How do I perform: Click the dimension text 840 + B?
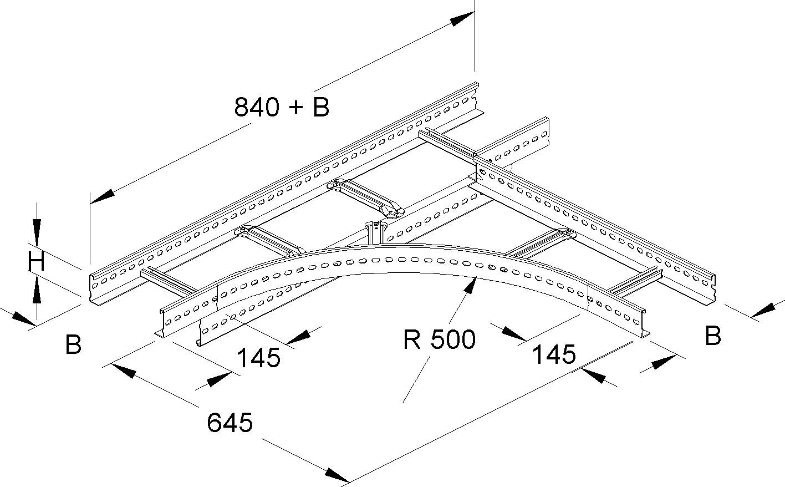tap(282, 106)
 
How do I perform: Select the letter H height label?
tap(37, 261)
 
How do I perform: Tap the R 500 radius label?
tap(439, 339)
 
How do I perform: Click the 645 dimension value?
tap(230, 423)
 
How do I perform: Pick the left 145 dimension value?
tap(258, 358)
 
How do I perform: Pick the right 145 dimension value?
tap(554, 353)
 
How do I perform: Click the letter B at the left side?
tap(73, 344)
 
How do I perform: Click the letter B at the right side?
tap(713, 336)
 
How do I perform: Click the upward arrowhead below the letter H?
tap(37, 291)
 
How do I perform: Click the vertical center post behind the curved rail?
tap(375, 233)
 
